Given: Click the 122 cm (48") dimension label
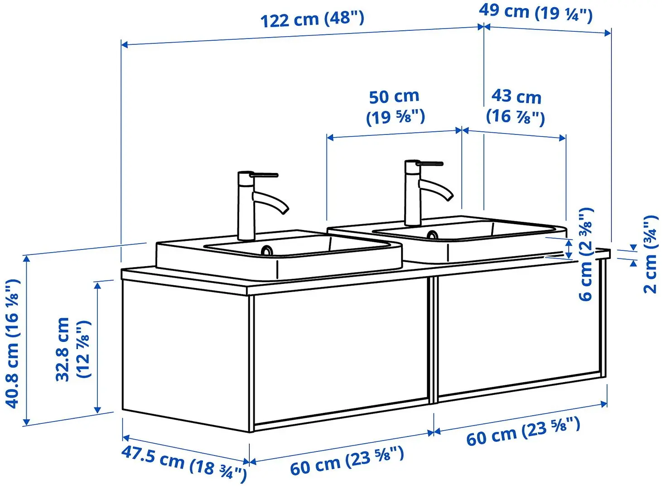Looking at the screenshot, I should pyautogui.click(x=312, y=19).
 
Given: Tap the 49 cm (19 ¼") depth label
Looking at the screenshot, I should pyautogui.click(x=536, y=12).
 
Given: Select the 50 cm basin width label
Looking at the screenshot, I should pyautogui.click(x=395, y=107).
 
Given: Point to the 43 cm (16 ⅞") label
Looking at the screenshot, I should pyautogui.click(x=516, y=106).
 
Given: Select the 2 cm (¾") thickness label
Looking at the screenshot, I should pyautogui.click(x=650, y=254).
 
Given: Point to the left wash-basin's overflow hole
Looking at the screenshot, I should pyautogui.click(x=266, y=250).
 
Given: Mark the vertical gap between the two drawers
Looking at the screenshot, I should pyautogui.click(x=432, y=340).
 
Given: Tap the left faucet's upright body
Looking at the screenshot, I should pyautogui.click(x=246, y=208).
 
